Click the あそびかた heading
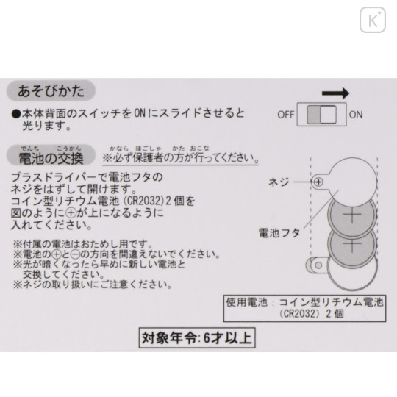pyautogui.click(x=51, y=91)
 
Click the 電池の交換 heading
pyautogui.click(x=51, y=158)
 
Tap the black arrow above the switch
pyautogui.click(x=335, y=93)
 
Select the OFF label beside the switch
pyautogui.click(x=285, y=115)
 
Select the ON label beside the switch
pyautogui.click(x=356, y=115)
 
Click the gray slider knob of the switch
pyautogui.click(x=314, y=115)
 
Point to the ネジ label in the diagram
pyautogui.click(x=278, y=182)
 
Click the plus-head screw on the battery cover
pyautogui.click(x=318, y=182)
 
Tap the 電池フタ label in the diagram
pyautogui.click(x=279, y=233)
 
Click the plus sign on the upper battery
pyautogui.click(x=352, y=215)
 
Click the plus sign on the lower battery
pyautogui.click(x=352, y=244)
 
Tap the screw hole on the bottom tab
pyautogui.click(x=318, y=265)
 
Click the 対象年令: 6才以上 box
pyautogui.click(x=197, y=337)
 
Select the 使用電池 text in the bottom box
pyautogui.click(x=246, y=302)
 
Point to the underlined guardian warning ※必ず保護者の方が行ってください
pyautogui.click(x=180, y=158)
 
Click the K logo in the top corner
pyautogui.click(x=373, y=20)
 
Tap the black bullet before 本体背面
pyautogui.click(x=15, y=114)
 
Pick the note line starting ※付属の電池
pyautogui.click(x=83, y=244)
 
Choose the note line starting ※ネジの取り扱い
pyautogui.click(x=93, y=285)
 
